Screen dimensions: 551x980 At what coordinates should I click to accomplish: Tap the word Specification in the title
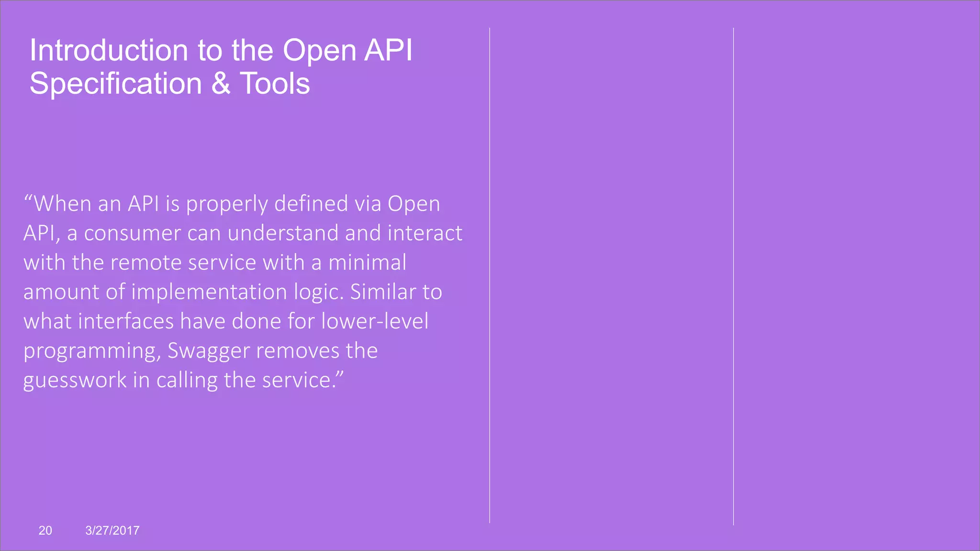[x=116, y=84]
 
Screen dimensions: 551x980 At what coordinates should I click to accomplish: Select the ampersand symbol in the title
[x=221, y=84]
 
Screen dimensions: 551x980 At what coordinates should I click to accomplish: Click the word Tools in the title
[x=275, y=84]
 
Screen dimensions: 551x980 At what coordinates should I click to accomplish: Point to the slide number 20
[x=45, y=530]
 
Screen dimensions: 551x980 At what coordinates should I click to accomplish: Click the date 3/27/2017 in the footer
[x=112, y=530]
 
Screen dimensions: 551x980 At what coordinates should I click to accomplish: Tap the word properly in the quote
[x=227, y=205]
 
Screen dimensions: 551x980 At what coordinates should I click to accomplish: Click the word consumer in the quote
[x=133, y=233]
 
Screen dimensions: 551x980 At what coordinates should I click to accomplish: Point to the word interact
[x=425, y=233]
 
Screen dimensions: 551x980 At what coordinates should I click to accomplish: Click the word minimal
[x=367, y=263]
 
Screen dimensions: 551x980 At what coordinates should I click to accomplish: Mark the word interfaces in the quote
[x=126, y=321]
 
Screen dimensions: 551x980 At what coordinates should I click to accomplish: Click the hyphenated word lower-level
[x=375, y=321]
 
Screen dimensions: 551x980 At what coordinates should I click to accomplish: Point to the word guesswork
[x=75, y=381]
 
